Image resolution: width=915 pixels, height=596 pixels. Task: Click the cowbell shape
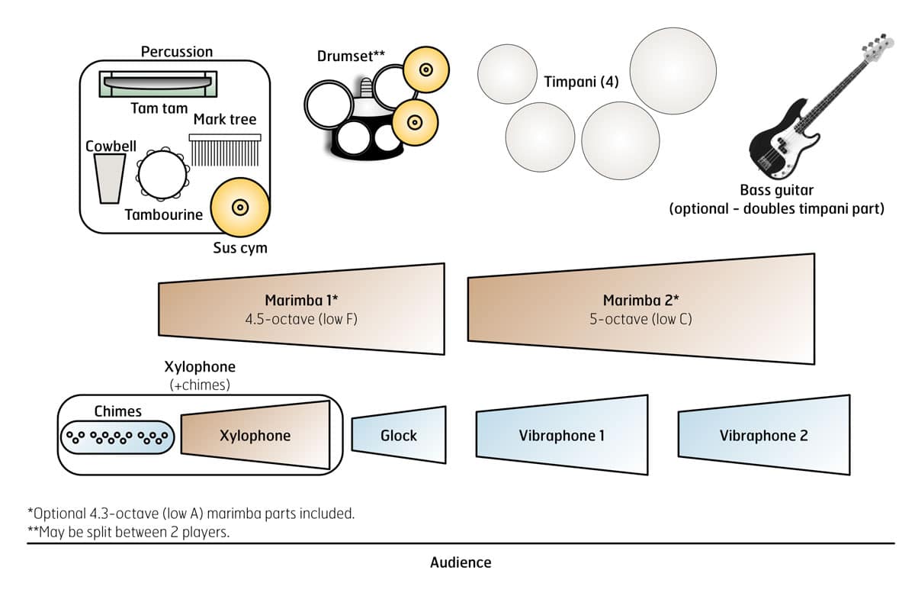[x=110, y=178]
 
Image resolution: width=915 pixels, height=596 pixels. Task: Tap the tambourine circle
[x=162, y=175]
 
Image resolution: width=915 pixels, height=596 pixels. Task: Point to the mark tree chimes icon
[x=224, y=150]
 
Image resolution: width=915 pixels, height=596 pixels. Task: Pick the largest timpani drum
[x=673, y=70]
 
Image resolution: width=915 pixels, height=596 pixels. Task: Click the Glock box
[x=399, y=435]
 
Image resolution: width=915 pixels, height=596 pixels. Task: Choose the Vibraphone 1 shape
[x=562, y=435]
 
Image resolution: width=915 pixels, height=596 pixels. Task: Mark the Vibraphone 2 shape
[x=763, y=435]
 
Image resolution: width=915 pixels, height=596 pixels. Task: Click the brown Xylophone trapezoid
[x=255, y=435]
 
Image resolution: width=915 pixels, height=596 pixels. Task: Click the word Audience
[x=461, y=562]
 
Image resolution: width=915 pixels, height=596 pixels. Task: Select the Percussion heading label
[x=177, y=52]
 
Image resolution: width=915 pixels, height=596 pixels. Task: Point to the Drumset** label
[x=352, y=56]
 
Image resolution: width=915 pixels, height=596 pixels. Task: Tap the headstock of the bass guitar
[x=877, y=47]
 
